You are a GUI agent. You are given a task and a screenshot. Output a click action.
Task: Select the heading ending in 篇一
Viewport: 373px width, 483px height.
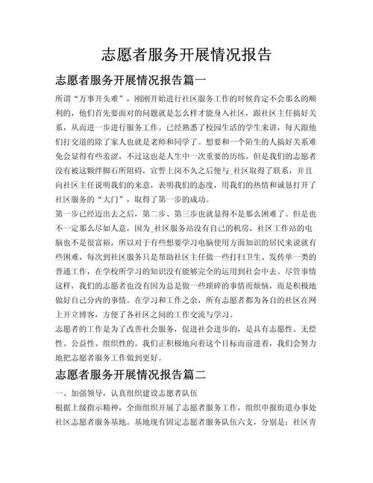130,78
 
